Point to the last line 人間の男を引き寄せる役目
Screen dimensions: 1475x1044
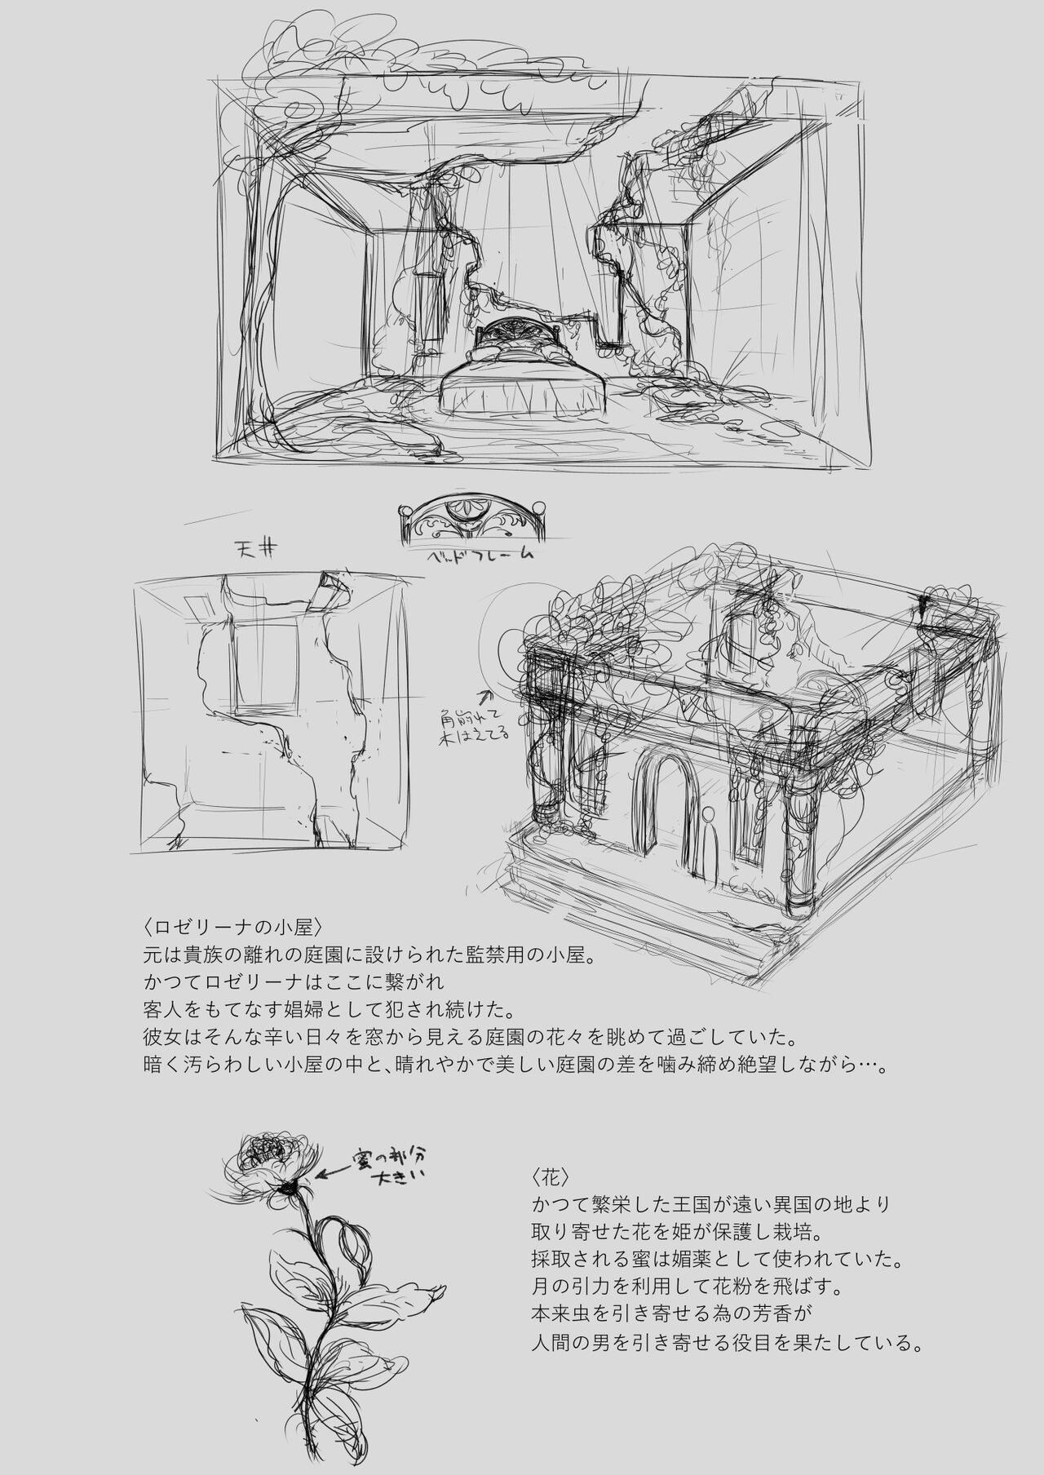click(726, 1343)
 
